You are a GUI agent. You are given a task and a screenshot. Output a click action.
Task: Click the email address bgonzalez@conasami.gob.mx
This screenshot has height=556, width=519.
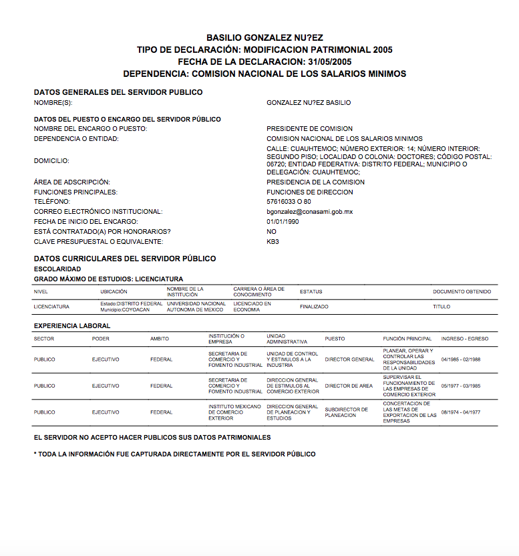point(309,212)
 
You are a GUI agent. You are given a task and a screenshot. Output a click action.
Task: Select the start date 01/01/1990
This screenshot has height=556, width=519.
point(283,222)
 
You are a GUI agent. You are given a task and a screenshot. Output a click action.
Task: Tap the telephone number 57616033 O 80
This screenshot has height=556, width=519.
point(289,202)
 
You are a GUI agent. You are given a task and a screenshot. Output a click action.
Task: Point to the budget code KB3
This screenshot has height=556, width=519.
point(273,241)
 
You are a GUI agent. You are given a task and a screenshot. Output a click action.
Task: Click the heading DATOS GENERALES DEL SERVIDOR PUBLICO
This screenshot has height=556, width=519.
point(118,92)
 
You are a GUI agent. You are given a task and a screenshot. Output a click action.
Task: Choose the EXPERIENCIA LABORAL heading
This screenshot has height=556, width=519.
point(72,326)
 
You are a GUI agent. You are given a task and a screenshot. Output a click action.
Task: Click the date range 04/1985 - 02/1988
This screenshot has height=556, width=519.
point(461,360)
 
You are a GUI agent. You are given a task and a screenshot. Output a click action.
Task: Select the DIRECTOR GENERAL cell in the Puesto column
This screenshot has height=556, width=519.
point(349,360)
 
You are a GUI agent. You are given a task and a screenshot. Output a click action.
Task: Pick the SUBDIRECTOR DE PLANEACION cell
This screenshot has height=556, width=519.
point(347,412)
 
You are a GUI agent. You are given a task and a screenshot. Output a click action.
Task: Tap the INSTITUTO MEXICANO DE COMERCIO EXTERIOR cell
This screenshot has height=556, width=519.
point(234,412)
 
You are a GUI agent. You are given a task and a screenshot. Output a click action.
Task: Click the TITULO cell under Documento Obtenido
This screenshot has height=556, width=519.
point(442,307)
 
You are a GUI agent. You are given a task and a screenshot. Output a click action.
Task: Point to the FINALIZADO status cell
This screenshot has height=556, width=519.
point(314,307)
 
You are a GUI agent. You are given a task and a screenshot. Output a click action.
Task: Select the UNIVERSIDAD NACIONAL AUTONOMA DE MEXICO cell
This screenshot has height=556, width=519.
point(196,307)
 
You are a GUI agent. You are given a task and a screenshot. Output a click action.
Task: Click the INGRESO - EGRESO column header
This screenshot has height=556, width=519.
point(465,339)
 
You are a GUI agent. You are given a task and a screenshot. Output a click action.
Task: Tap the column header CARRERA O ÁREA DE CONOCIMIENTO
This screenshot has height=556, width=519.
point(259,291)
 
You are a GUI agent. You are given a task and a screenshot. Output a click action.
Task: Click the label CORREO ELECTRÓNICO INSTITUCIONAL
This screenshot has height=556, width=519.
point(98,212)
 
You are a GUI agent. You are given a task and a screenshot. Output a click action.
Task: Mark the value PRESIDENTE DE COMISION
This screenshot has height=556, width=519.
point(309,129)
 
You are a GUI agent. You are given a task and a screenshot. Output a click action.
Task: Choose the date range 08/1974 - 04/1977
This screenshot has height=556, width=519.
point(461,412)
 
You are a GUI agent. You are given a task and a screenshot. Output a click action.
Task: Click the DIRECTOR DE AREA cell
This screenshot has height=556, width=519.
point(349,386)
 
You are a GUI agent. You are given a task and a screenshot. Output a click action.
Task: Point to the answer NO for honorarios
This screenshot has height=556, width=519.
point(271,232)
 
